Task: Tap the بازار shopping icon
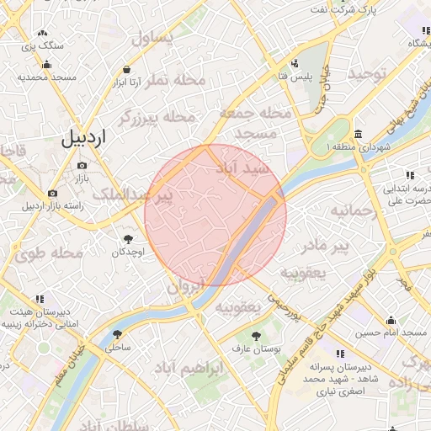click(81, 165)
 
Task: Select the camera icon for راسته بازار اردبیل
click(53, 193)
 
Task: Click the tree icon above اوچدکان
click(129, 239)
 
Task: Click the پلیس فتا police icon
click(295, 63)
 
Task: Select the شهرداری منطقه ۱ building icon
click(359, 135)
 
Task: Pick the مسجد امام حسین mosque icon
click(391, 320)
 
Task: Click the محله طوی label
click(54, 253)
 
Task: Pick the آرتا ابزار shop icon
click(126, 70)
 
